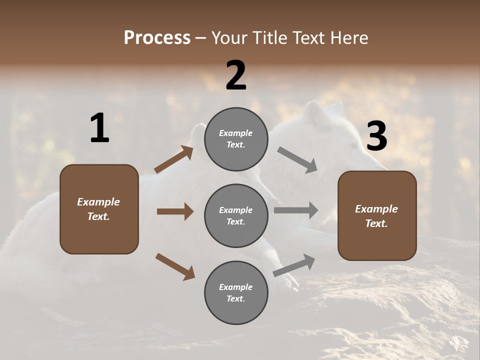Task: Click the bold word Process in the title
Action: (157, 38)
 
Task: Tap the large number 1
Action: (99, 128)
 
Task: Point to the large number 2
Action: (236, 75)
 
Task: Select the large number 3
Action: (376, 136)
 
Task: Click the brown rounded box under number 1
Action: (99, 209)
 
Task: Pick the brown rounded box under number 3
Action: (377, 216)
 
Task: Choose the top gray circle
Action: (236, 139)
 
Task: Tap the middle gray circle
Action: (236, 215)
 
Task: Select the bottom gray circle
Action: (236, 292)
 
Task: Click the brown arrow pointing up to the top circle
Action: (174, 159)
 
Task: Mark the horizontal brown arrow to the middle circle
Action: (175, 211)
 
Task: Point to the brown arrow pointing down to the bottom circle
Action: (175, 266)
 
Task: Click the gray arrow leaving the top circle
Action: (297, 159)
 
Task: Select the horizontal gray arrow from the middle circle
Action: (296, 210)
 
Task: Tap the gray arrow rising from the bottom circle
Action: (294, 265)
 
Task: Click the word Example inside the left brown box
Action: (98, 202)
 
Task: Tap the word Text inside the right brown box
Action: (376, 223)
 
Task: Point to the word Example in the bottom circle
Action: (236, 287)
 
